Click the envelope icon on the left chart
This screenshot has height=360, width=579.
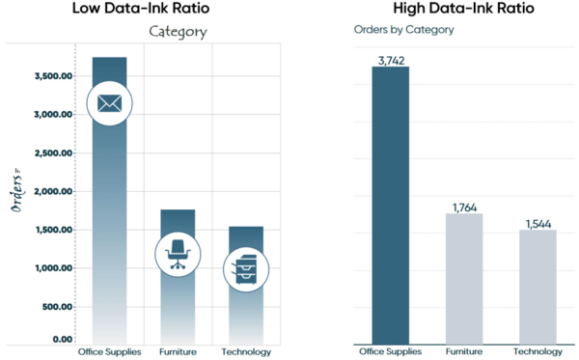point(109,102)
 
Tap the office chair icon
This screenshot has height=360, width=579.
point(177,253)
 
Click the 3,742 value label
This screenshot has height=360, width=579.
point(391,60)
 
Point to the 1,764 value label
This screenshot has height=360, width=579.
point(464,207)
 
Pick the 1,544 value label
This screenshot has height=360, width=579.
point(538,224)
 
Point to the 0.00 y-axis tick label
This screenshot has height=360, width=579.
point(62,339)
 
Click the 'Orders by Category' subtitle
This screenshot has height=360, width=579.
point(403,30)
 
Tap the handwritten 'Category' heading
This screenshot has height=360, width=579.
point(177,32)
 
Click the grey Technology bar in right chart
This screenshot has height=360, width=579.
point(538,287)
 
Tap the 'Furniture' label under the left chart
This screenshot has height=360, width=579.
point(177,352)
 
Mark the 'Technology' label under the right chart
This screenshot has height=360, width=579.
point(538,352)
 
